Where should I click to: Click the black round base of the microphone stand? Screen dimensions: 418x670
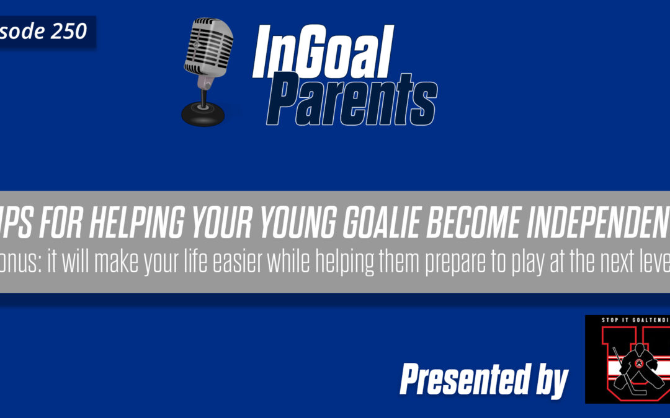click(204, 115)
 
